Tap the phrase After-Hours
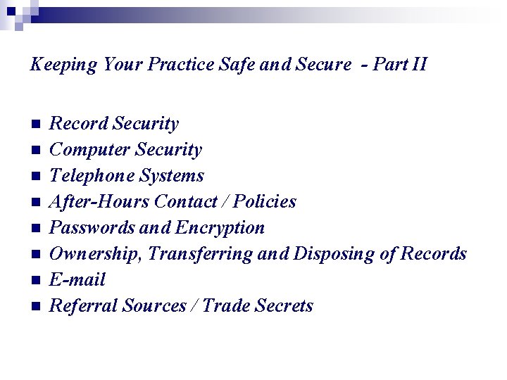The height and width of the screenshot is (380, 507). click(x=99, y=202)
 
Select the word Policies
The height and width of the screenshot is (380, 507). click(x=265, y=202)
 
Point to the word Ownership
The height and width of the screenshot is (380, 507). click(x=96, y=254)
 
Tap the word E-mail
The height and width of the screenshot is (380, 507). click(x=77, y=280)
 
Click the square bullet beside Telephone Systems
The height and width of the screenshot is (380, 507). click(x=37, y=177)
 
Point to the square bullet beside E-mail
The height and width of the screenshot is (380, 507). click(x=37, y=281)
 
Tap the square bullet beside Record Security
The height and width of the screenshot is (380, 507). click(x=37, y=125)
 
